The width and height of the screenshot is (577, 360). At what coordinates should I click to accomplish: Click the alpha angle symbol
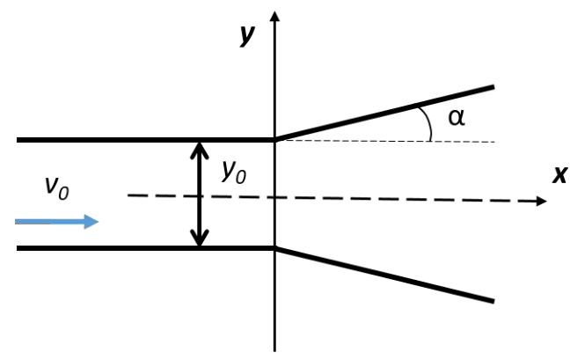[456, 118]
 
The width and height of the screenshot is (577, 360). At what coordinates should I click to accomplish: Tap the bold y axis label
[247, 35]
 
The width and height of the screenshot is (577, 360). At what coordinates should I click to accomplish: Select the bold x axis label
[560, 175]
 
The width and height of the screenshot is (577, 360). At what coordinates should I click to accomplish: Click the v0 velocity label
[56, 188]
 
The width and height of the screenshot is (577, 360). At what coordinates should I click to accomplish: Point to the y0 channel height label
[234, 172]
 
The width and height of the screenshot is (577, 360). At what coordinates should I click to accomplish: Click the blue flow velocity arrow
[56, 222]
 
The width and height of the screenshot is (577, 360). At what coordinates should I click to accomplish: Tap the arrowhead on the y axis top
[274, 16]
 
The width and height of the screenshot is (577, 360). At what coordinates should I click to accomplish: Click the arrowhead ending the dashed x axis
[542, 201]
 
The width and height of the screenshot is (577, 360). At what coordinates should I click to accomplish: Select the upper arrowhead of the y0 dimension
[200, 150]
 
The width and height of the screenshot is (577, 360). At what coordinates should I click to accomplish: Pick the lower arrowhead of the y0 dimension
[200, 238]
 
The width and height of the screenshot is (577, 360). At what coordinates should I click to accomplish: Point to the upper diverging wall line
[384, 113]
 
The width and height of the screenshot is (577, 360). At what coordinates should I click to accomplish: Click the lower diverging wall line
[384, 275]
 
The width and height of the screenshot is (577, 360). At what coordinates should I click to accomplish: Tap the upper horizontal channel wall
[146, 140]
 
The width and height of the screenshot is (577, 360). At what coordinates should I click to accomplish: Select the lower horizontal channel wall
[146, 248]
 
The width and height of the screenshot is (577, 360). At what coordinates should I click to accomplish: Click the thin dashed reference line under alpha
[386, 141]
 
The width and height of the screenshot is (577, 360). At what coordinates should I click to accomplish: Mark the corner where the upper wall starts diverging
[275, 140]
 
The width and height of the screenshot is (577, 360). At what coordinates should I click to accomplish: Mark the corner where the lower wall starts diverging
[275, 248]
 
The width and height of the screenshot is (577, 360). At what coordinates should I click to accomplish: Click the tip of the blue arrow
[99, 222]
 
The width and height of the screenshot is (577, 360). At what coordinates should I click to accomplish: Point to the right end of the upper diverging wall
[493, 87]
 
